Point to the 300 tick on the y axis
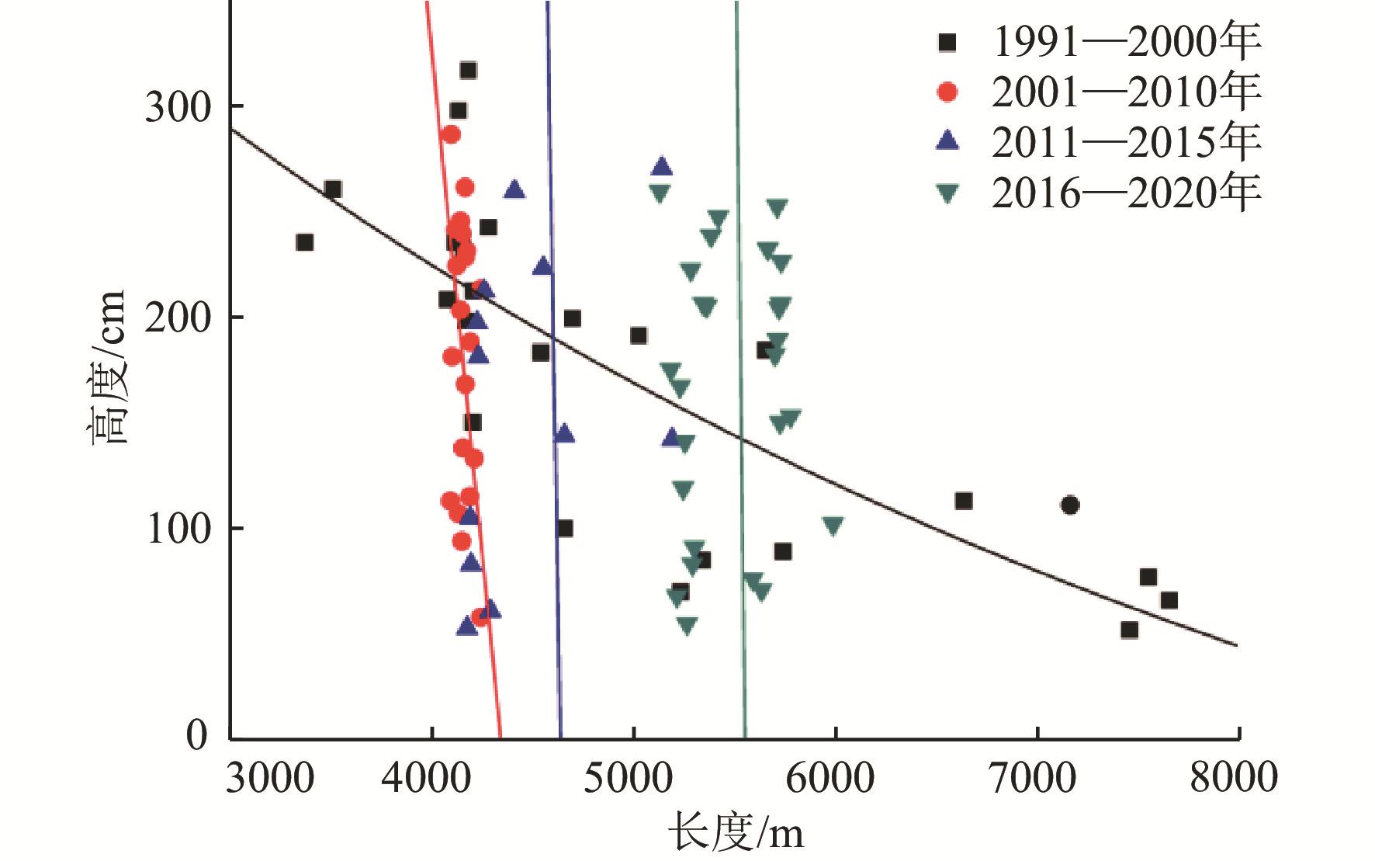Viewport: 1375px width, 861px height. coord(178,106)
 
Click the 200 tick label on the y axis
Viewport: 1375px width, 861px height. coord(178,318)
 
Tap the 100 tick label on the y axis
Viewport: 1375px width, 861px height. coord(178,529)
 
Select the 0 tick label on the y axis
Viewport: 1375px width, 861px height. coord(198,734)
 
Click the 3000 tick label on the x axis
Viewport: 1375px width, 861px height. coord(271,778)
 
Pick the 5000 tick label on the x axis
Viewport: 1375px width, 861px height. coord(634,778)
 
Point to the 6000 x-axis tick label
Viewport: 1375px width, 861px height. coord(836,778)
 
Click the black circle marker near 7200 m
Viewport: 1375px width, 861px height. coord(1069,505)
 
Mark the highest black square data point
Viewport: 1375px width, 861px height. coord(468,71)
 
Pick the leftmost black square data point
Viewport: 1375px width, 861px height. coord(305,243)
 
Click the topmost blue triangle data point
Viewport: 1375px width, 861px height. coord(662,166)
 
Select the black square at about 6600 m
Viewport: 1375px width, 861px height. coord(964,501)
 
